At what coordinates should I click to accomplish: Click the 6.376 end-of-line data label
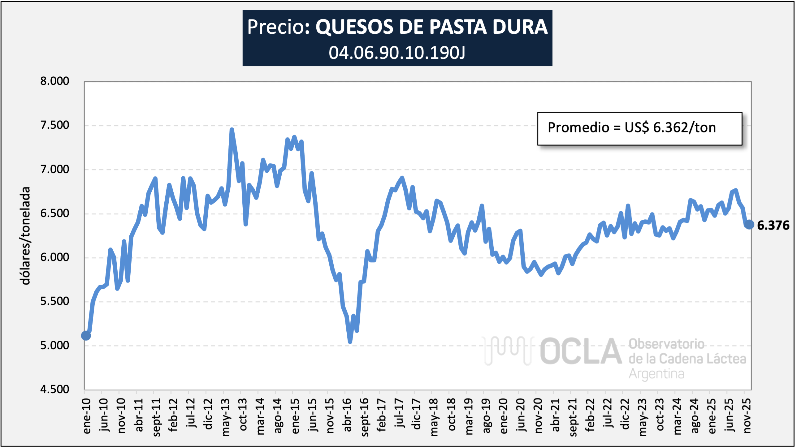tap(773, 226)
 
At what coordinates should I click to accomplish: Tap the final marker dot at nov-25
tap(749, 225)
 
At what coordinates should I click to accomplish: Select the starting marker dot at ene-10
tap(86, 335)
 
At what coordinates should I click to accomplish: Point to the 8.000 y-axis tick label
tap(54, 81)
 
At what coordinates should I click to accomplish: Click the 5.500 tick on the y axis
tap(54, 301)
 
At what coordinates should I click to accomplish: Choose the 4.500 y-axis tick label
tap(54, 390)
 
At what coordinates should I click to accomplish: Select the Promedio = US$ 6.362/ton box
tap(639, 128)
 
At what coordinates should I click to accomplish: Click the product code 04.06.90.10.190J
tap(397, 53)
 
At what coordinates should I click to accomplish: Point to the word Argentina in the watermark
tap(656, 374)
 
